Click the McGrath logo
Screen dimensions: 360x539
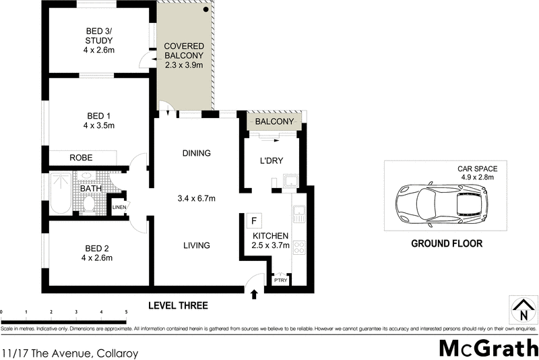488,347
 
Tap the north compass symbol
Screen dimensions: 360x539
523,311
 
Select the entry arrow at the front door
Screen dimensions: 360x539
254,294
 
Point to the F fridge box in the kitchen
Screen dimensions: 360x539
253,220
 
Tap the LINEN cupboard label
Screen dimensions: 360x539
119,207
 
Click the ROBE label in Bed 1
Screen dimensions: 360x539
81,158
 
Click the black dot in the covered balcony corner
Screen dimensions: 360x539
206,10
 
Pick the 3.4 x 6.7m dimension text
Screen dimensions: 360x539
195,198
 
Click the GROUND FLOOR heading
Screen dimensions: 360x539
447,243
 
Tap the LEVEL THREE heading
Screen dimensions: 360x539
178,305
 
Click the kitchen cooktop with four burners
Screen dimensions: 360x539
299,248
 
